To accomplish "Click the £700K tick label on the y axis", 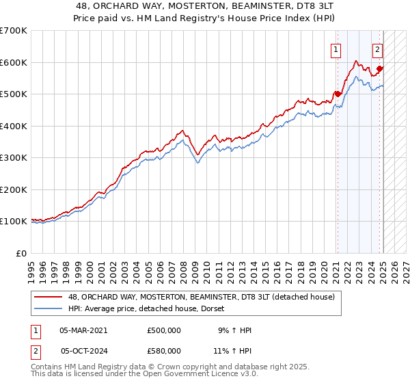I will pos(13,31).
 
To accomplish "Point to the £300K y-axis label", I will pos(13,158).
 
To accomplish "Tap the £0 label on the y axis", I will pos(21,253).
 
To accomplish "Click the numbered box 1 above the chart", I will pos(337,49).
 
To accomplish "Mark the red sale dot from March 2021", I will pos(338,94).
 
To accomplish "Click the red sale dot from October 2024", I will pos(379,68).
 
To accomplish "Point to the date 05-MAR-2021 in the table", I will pos(83,330).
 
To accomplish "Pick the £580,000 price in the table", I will pos(163,350).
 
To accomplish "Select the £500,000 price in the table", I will pos(163,330).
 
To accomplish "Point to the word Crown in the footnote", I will pos(166,367).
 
